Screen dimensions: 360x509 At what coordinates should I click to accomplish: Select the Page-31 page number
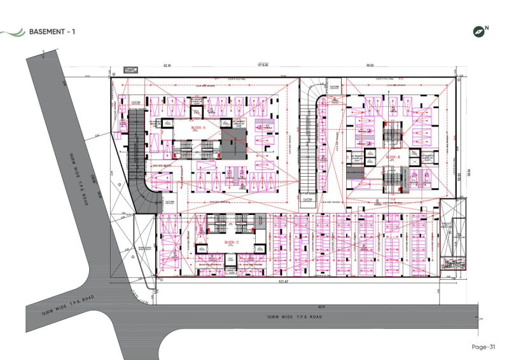coord(483,347)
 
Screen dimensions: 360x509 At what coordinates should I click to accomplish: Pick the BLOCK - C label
coord(232,243)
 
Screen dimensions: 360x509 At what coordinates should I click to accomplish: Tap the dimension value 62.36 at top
coord(168,66)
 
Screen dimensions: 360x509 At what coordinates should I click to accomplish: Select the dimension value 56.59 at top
coord(369,66)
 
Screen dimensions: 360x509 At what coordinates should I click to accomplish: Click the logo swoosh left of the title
coord(13,31)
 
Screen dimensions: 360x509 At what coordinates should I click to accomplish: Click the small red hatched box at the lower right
coord(453,262)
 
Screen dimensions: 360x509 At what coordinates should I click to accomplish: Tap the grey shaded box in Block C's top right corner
coord(259,221)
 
